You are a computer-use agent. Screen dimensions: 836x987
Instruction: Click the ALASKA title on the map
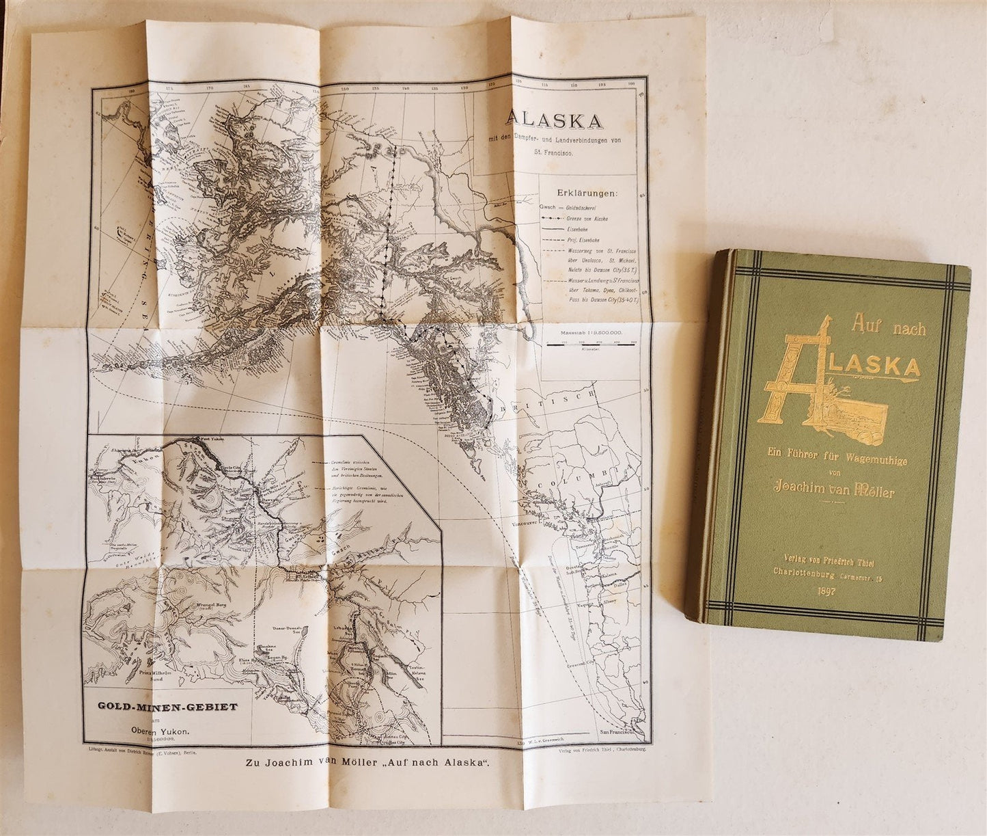tap(554, 120)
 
